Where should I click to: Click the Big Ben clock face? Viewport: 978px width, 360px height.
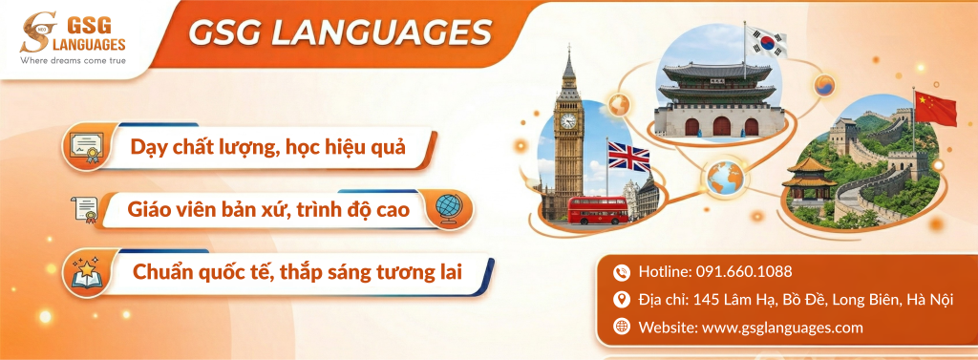[568, 120]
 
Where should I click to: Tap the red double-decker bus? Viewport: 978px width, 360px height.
[598, 210]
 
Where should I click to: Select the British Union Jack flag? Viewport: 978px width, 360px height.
[628, 157]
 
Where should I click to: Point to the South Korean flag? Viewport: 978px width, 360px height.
[766, 40]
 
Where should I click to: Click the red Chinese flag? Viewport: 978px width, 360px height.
[936, 107]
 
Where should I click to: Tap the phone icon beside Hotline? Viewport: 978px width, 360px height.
[621, 272]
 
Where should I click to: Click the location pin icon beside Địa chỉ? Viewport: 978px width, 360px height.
[621, 300]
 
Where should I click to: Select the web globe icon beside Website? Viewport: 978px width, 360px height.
[621, 327]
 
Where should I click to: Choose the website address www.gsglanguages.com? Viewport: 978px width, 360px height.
[782, 328]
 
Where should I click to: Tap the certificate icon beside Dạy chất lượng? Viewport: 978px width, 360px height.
[85, 147]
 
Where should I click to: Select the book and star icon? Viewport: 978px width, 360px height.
[86, 272]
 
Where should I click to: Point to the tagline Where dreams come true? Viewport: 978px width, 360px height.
[73, 60]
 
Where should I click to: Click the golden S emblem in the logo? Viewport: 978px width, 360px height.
[37, 32]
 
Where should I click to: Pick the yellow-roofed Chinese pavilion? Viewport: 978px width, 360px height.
[809, 180]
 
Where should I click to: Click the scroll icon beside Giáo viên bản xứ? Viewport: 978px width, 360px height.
[85, 209]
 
